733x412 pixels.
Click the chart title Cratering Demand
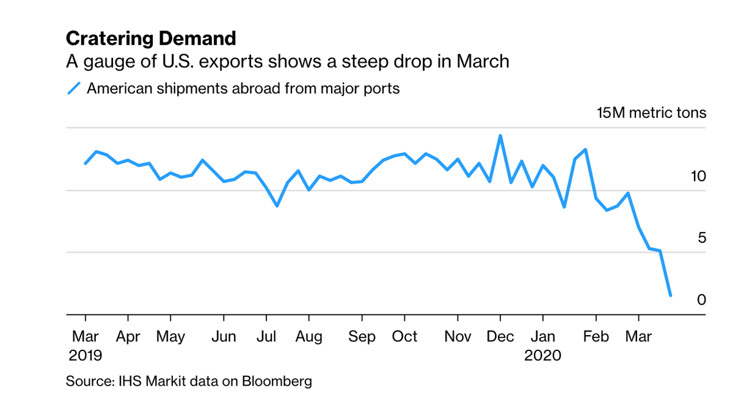(150, 39)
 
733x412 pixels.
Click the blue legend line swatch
(73, 89)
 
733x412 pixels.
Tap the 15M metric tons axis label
(651, 113)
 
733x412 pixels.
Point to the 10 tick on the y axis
(698, 176)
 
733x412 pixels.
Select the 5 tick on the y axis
(702, 237)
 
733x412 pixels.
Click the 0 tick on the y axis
(702, 300)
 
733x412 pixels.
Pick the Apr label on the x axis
(128, 336)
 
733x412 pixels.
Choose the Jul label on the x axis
(266, 336)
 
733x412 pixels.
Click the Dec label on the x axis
(500, 336)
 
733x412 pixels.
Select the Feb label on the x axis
(596, 336)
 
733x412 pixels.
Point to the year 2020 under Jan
(543, 355)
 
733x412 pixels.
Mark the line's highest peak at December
(500, 136)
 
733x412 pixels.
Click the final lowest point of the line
(671, 295)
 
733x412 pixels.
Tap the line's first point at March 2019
(86, 163)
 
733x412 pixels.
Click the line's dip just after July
(277, 206)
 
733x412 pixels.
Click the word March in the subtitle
(486, 62)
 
